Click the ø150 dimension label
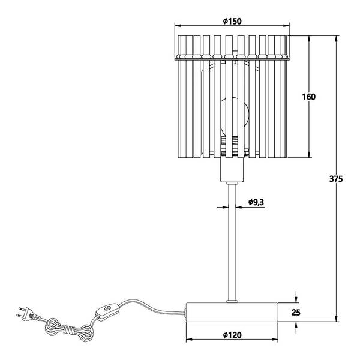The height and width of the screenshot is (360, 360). [232, 21]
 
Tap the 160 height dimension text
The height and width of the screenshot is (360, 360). [308, 97]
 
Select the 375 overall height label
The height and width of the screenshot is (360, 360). [336, 179]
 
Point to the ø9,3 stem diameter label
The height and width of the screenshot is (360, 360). [256, 202]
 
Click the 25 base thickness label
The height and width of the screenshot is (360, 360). [296, 312]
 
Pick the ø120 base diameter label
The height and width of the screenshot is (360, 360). [232, 335]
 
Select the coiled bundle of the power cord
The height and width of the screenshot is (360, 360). [69, 330]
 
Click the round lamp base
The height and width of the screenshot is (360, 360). [232, 312]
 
